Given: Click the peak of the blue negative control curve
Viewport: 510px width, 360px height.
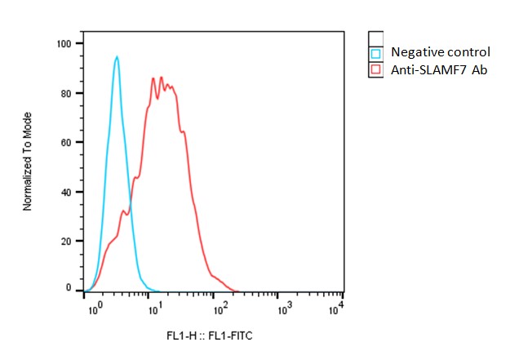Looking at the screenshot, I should point(118,56).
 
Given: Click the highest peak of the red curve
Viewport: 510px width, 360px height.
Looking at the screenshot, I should point(162,78).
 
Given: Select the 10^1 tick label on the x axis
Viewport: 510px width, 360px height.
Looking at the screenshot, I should point(153,309).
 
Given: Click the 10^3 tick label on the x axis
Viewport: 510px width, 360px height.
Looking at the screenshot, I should point(285,309).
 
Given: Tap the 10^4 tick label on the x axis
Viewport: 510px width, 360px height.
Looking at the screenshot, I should point(335,308).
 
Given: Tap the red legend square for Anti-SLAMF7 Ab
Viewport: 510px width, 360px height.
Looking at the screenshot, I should point(376,70).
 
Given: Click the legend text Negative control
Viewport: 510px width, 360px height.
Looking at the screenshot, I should point(441,52).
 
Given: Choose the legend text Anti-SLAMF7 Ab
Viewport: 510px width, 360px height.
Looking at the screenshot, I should point(439,70).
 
